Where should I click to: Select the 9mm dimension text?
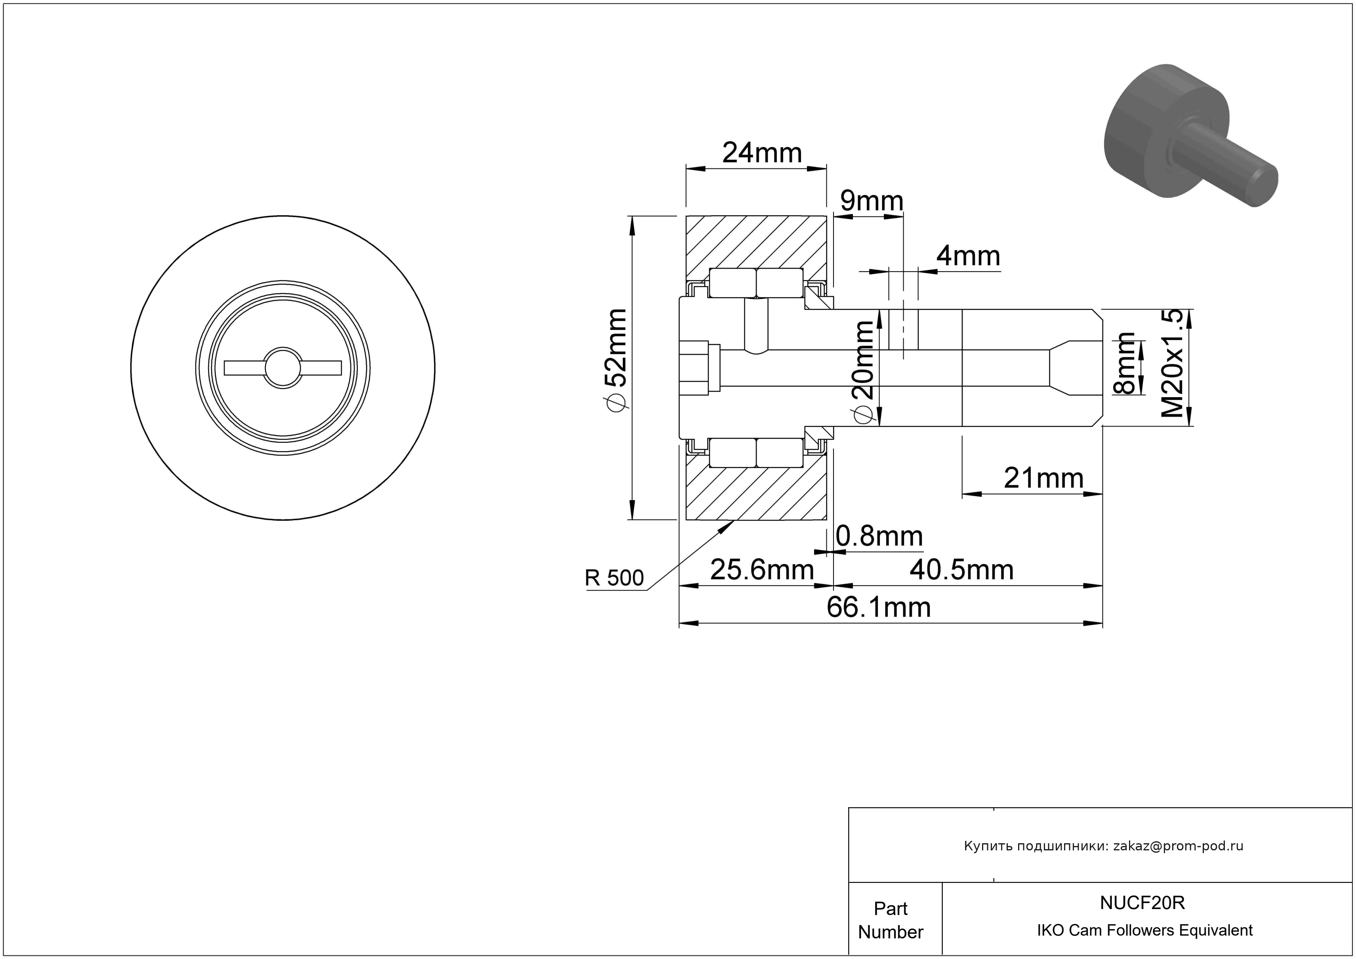coord(872,201)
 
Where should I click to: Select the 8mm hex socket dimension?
coord(1125,364)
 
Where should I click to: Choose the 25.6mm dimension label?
coord(762,570)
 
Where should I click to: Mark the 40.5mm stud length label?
coord(961,570)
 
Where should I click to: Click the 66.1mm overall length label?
coord(879,607)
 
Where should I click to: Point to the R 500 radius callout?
coord(614,578)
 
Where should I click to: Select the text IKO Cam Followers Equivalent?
coord(1144,930)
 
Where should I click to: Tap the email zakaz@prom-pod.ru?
coord(1178,846)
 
